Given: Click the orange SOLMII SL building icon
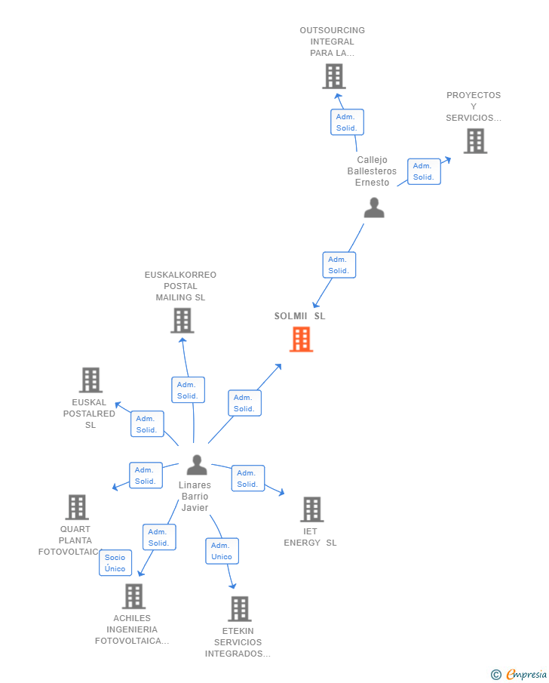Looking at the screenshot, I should (x=301, y=340).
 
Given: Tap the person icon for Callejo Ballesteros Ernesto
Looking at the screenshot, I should (x=374, y=208).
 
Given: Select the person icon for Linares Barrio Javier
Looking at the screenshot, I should (x=197, y=465).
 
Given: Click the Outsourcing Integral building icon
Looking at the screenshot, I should (x=333, y=76).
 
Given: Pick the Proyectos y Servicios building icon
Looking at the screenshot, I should (x=475, y=141).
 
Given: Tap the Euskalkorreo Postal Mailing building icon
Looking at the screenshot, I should (x=182, y=321).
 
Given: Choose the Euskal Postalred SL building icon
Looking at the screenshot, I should (x=90, y=380).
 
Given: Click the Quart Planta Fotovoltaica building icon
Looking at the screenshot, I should (x=77, y=507).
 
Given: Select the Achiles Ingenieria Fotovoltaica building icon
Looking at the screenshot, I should (x=133, y=596).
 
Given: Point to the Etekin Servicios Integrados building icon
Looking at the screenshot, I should (x=239, y=608).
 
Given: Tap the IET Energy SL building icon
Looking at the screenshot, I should (x=311, y=509).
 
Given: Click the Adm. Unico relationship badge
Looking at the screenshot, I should (x=222, y=551).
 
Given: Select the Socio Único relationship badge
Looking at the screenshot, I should (x=115, y=563).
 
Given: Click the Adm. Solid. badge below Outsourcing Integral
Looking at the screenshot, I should (x=347, y=122).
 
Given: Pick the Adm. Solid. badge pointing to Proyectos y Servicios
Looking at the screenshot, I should (x=424, y=171).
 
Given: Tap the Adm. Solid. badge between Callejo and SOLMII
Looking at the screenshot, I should (x=339, y=265).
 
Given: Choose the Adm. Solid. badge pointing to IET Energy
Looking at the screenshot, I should (x=247, y=478).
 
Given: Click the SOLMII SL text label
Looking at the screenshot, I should (x=299, y=316).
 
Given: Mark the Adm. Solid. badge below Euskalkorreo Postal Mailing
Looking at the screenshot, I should (x=188, y=390).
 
